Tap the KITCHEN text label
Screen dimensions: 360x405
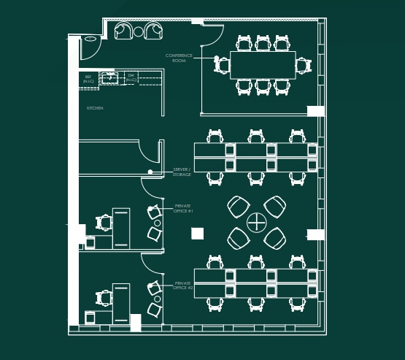(x=95, y=108)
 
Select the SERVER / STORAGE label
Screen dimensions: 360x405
(x=182, y=172)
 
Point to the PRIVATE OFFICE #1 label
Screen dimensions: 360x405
(x=182, y=208)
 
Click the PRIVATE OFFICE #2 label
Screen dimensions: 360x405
(x=182, y=286)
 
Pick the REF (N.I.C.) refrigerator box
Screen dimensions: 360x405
(x=88, y=78)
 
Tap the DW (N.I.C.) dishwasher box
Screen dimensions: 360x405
(x=131, y=77)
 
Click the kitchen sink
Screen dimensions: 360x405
(x=109, y=77)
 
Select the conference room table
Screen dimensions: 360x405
(x=263, y=65)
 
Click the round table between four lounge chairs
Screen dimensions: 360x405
(x=257, y=222)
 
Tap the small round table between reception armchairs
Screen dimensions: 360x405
(x=139, y=31)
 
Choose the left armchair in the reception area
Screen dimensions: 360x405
(x=123, y=31)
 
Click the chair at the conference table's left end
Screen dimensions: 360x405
(x=223, y=65)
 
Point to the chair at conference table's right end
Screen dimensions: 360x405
(x=303, y=65)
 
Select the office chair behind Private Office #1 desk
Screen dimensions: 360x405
(x=104, y=222)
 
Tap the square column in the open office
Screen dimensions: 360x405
(x=197, y=234)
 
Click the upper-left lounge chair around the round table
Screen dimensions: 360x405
(x=238, y=206)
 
